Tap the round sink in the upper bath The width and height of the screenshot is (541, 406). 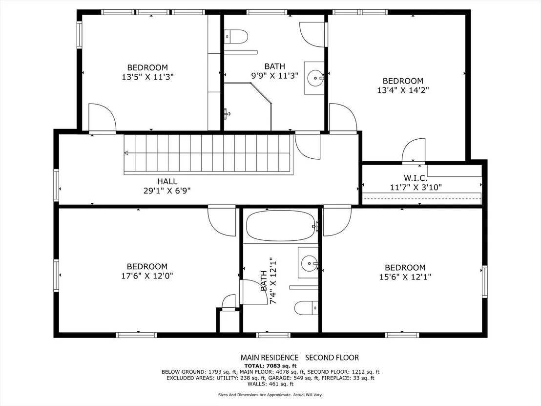click(314, 78)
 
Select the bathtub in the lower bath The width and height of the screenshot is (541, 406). click(280, 226)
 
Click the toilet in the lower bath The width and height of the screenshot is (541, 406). click(306, 308)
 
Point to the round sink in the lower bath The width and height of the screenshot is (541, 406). click(309, 264)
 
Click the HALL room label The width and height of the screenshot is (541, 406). click(167, 181)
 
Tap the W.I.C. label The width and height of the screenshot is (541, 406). click(416, 178)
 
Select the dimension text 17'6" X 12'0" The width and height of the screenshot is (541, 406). click(147, 276)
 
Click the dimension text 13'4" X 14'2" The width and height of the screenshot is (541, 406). click(403, 90)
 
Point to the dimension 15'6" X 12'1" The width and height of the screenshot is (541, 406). click(405, 277)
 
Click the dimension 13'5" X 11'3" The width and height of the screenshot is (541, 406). click(147, 77)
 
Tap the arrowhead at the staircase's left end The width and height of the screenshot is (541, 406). click(126, 153)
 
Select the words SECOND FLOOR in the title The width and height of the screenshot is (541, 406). click(332, 358)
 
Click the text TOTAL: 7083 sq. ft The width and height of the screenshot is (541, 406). click(270, 366)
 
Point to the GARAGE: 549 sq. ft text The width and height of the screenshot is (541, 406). click(289, 378)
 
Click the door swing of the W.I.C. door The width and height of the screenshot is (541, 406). click(414, 150)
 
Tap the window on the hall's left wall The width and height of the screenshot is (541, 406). click(56, 185)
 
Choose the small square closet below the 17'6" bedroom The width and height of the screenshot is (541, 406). click(228, 321)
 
